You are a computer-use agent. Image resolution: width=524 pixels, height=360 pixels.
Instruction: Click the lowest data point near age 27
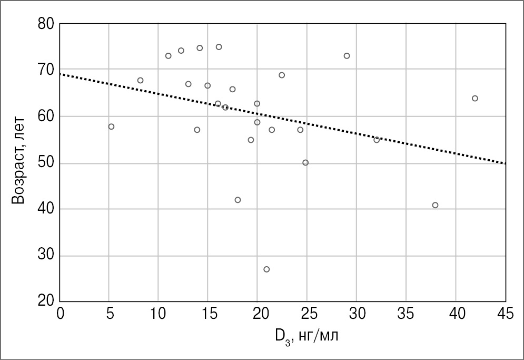click(x=266, y=269)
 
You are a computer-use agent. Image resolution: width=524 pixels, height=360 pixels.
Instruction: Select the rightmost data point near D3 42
click(x=474, y=99)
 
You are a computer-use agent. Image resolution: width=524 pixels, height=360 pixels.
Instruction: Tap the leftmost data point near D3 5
click(x=111, y=127)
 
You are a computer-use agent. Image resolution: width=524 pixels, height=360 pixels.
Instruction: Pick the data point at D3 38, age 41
click(x=435, y=205)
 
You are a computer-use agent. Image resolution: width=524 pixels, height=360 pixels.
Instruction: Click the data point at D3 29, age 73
click(x=347, y=56)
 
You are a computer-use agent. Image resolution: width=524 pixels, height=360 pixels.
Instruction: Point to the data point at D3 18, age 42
click(x=238, y=200)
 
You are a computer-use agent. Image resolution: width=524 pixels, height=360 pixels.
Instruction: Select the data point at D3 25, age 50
click(x=305, y=162)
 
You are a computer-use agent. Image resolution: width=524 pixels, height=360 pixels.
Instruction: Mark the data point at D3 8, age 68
click(x=140, y=80)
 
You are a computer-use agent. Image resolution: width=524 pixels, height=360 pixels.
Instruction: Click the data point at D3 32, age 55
click(x=377, y=140)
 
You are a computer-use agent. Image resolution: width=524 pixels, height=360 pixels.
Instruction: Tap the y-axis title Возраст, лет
click(x=19, y=163)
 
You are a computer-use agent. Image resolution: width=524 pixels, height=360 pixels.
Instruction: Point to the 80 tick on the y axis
click(x=48, y=24)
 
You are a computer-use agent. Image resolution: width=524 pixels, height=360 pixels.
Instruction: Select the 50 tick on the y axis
click(x=48, y=163)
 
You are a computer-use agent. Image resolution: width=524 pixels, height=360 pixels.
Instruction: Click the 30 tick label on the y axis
click(x=48, y=256)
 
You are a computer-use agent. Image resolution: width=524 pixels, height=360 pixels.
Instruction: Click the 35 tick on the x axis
click(x=406, y=314)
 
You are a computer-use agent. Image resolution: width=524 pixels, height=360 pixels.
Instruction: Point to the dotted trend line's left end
click(x=61, y=74)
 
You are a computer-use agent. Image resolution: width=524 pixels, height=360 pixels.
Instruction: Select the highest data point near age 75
click(x=219, y=47)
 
